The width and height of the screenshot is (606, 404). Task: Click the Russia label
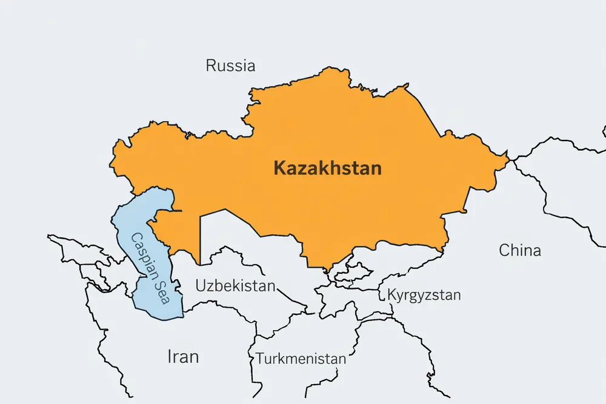tap(230, 65)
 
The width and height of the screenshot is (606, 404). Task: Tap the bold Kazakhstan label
tap(328, 168)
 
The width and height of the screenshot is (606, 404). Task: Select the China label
tap(520, 250)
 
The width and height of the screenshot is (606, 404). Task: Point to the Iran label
tap(182, 357)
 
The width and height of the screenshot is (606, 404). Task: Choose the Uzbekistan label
tap(235, 285)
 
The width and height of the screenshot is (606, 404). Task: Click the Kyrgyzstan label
tap(424, 296)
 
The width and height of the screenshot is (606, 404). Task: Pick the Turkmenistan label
tap(301, 359)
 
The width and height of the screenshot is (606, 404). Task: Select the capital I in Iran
tap(170, 357)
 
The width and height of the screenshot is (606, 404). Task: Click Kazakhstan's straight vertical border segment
tap(200, 239)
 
